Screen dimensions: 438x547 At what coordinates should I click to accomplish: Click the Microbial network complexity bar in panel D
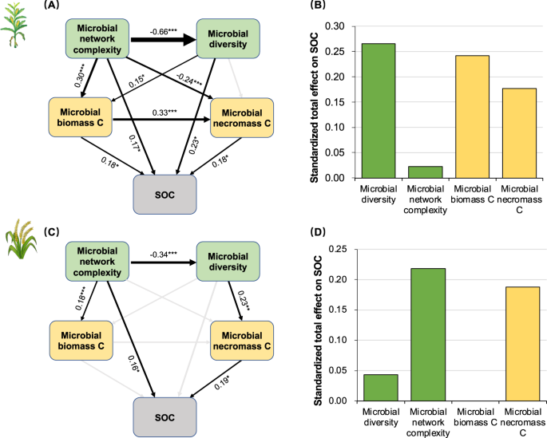pyautogui.click(x=427, y=334)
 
